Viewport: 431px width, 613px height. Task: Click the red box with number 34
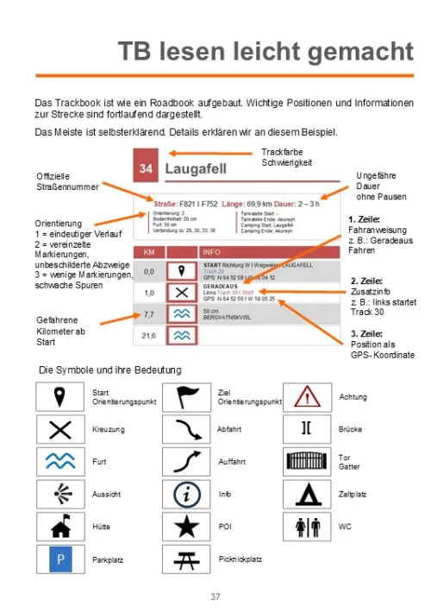(x=146, y=169)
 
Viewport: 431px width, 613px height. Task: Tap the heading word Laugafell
(x=196, y=169)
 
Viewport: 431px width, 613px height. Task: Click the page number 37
(x=215, y=597)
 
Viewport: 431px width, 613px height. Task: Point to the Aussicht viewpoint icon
(x=60, y=494)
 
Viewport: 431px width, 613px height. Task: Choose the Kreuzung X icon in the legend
(x=60, y=429)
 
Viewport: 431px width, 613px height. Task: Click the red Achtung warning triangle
(x=308, y=396)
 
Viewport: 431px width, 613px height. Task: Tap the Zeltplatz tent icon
(x=308, y=494)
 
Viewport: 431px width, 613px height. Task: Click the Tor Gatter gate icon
(x=308, y=462)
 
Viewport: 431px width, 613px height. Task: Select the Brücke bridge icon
(x=308, y=429)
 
